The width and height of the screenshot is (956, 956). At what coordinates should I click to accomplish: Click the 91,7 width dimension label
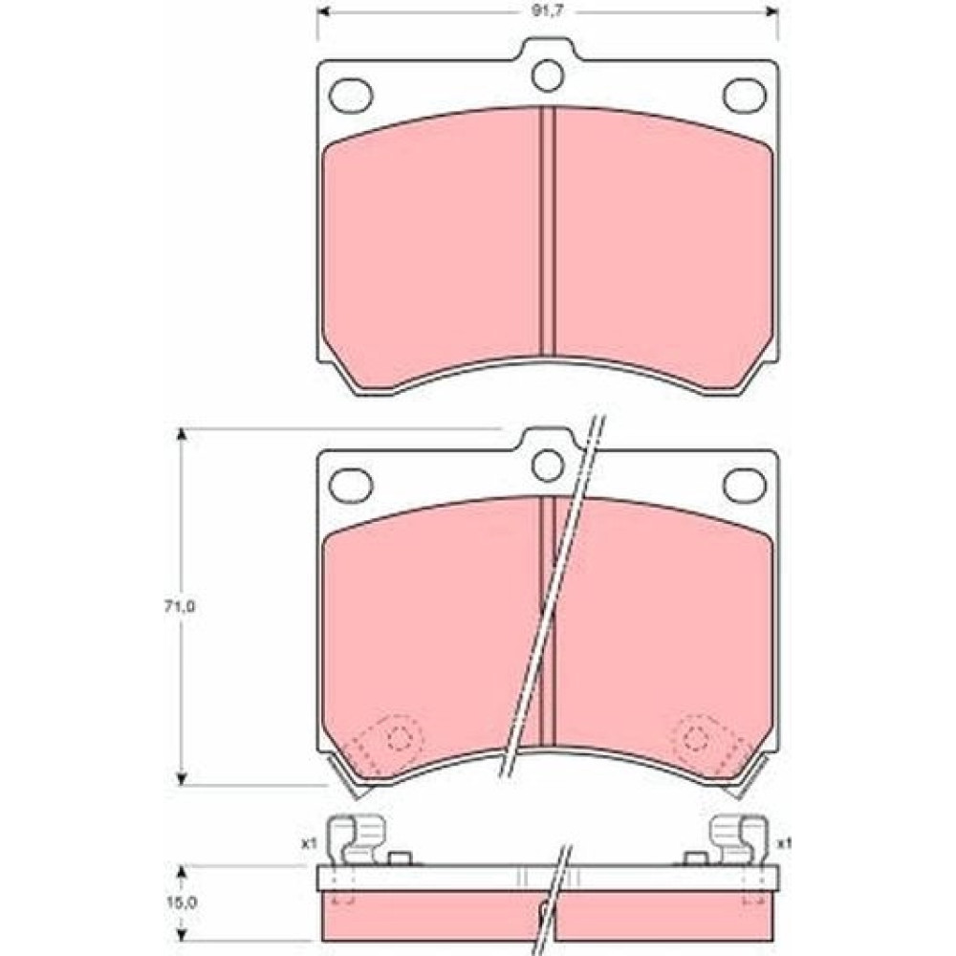[x=548, y=11]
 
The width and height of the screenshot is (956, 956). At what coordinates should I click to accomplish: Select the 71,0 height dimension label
[x=180, y=606]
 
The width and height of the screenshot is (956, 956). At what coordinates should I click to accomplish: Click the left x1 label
[x=309, y=844]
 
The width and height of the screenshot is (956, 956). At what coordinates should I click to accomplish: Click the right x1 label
[x=785, y=844]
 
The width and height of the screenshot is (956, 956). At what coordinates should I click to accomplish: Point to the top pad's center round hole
[x=548, y=76]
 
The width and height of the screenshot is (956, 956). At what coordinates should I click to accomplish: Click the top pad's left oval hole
[x=351, y=95]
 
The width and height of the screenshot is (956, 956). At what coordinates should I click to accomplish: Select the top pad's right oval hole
[x=745, y=95]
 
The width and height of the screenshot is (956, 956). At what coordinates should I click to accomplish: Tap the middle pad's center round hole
[x=548, y=466]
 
